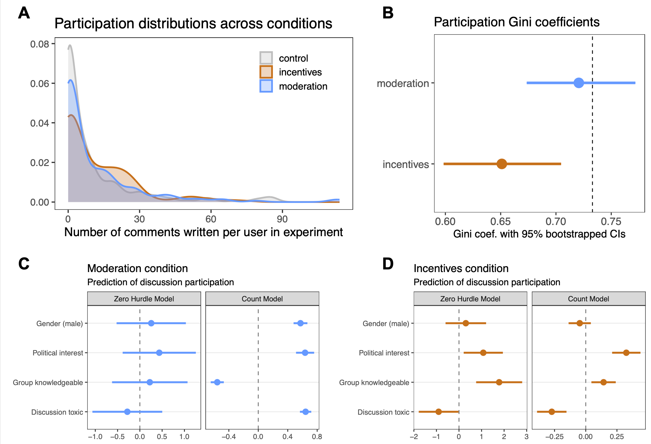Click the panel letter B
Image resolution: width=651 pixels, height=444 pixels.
[x=388, y=13]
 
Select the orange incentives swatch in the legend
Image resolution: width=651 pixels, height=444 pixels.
[x=266, y=72]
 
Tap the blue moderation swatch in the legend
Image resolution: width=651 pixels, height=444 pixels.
[x=266, y=86]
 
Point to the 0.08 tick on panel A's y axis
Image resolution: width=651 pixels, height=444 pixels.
[x=39, y=44]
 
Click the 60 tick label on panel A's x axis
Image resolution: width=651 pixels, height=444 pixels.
[x=211, y=219]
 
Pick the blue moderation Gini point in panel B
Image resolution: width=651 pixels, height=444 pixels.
[x=579, y=83]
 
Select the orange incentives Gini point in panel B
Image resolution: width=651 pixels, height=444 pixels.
[x=502, y=164]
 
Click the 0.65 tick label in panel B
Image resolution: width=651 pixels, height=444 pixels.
[x=500, y=221]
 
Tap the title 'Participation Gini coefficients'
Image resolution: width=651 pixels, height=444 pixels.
[x=516, y=22]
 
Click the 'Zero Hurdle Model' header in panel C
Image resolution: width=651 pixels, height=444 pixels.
[x=144, y=299]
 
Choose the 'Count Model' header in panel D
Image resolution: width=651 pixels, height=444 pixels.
[x=588, y=299]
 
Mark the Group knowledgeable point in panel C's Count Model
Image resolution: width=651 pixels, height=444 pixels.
[x=217, y=382]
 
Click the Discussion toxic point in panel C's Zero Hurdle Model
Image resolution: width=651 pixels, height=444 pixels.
[x=127, y=412]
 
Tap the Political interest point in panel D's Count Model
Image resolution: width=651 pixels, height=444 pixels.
[x=626, y=353]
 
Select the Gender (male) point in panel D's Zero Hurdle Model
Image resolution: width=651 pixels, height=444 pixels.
[x=465, y=323]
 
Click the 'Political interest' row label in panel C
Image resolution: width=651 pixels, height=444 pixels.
[x=58, y=353]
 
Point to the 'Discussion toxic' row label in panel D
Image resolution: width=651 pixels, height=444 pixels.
[x=383, y=412]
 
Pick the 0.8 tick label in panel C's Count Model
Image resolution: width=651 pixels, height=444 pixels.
[x=317, y=437]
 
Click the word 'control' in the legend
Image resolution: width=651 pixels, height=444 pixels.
[x=293, y=58]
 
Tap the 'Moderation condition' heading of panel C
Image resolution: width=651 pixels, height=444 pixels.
[x=138, y=268]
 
